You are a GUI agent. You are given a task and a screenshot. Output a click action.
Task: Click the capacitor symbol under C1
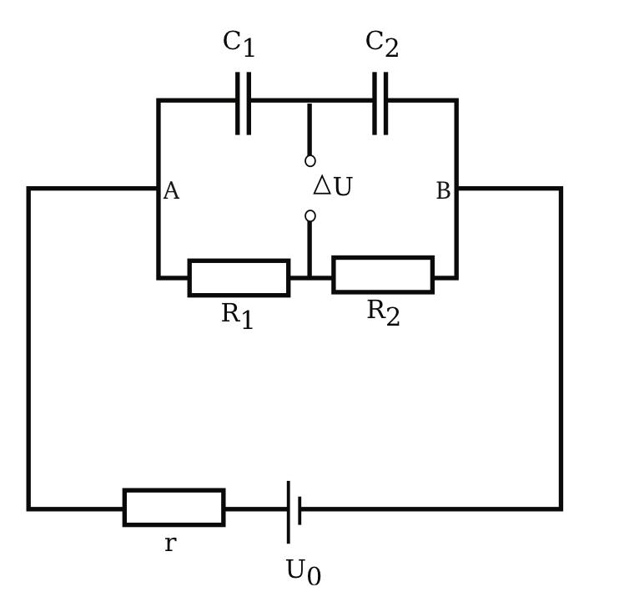[243, 102]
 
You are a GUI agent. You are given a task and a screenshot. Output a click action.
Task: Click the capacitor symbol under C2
[380, 102]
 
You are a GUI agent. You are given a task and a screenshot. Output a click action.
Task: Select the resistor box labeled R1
[239, 277]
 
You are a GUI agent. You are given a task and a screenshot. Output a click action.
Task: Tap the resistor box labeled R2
[383, 275]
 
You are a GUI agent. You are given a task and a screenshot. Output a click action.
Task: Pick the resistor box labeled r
[174, 508]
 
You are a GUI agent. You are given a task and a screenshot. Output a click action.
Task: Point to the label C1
[239, 43]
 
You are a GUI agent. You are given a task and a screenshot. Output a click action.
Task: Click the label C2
[382, 43]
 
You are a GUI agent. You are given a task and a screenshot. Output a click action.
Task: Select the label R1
[237, 316]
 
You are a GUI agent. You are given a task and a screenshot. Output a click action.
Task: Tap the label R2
[383, 312]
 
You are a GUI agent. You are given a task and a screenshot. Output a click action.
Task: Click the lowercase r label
[170, 544]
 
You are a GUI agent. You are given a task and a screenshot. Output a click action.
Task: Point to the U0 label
[303, 572]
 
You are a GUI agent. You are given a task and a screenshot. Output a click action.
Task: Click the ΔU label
[333, 186]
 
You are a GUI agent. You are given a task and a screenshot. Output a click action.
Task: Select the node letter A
[171, 191]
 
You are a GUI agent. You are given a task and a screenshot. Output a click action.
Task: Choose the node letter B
[443, 191]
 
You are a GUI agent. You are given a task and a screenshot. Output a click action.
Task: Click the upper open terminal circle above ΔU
[310, 161]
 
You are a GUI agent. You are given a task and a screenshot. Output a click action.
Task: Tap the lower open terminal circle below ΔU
[310, 216]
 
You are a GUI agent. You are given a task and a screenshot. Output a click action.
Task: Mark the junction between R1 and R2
[309, 277]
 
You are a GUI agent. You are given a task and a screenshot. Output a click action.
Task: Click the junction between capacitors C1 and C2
[309, 101]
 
